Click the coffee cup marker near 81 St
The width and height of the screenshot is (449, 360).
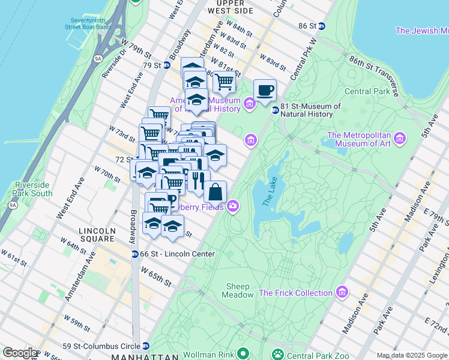[265, 91]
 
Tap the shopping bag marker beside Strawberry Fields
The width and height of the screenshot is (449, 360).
[215, 193]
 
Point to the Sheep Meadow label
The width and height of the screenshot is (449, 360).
[238, 290]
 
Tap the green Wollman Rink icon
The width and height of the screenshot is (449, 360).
[243, 355]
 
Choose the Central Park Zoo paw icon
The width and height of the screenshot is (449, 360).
[277, 355]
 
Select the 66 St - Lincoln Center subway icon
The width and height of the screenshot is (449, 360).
[136, 254]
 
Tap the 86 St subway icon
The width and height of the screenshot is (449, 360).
[322, 26]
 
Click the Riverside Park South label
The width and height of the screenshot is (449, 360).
[34, 189]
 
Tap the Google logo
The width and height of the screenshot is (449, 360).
[20, 353]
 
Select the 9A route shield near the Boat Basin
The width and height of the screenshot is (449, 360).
[98, 59]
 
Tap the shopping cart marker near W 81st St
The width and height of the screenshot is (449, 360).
[223, 82]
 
